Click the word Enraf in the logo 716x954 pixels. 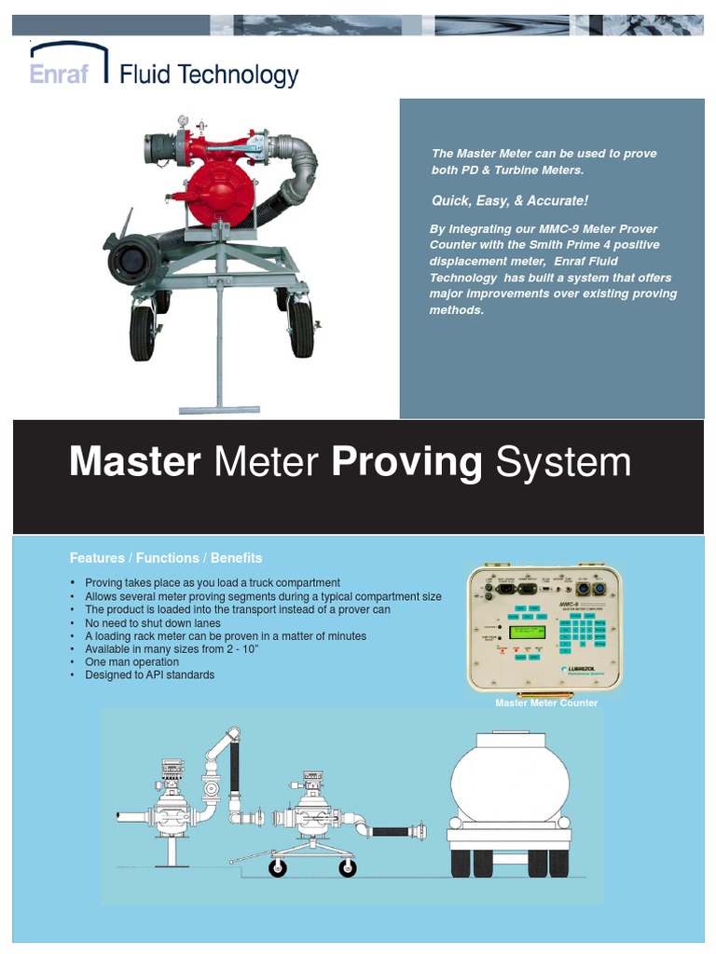pos(59,74)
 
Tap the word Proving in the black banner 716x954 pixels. pos(407,462)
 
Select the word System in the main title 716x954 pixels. pos(563,462)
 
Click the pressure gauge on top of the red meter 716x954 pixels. pos(184,122)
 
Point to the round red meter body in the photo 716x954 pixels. pos(218,186)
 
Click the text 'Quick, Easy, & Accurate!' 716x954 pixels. pos(509,201)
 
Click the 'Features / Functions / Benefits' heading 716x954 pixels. pos(166,558)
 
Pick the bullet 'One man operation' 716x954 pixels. pos(132,661)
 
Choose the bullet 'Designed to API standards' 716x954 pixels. pos(149,675)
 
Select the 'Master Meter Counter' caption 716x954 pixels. pos(545,703)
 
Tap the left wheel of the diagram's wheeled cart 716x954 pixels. pos(278,868)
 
